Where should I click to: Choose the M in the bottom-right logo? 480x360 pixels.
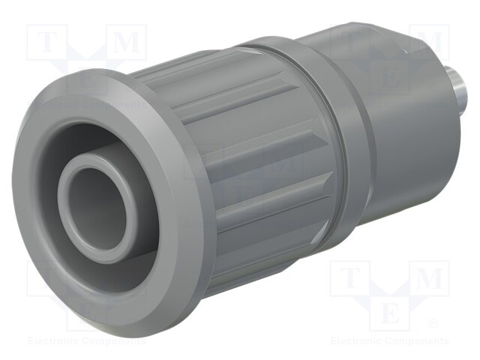click(428, 279)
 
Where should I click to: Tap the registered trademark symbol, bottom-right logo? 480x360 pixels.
click(433, 323)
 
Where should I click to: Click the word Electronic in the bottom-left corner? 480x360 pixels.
click(54, 341)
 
